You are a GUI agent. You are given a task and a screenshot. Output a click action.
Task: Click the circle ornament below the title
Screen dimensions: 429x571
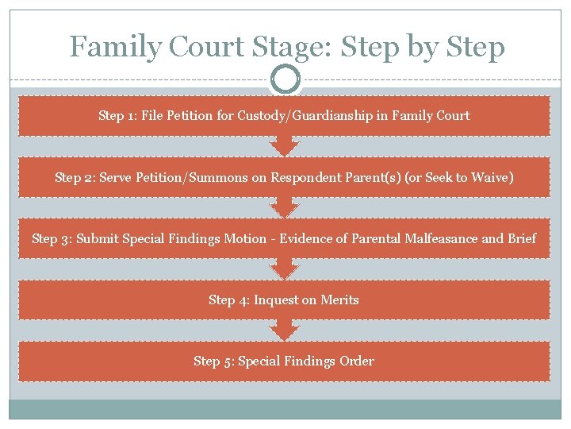tap(285, 79)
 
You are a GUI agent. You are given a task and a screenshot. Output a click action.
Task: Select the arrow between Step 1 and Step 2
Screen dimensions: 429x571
tap(285, 145)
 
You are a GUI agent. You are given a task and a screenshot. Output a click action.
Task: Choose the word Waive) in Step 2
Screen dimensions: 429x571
tap(492, 177)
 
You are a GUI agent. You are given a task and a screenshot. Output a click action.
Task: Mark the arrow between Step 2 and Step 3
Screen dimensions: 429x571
tap(285, 207)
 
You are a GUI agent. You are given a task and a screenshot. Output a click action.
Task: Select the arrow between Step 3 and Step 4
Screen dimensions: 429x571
tap(285, 269)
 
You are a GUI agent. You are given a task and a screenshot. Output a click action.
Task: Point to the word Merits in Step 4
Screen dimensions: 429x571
tap(339, 300)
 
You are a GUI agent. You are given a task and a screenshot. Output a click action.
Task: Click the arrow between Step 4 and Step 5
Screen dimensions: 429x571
tap(285, 330)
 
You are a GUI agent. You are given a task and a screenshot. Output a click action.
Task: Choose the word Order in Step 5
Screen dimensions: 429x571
tap(357, 361)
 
